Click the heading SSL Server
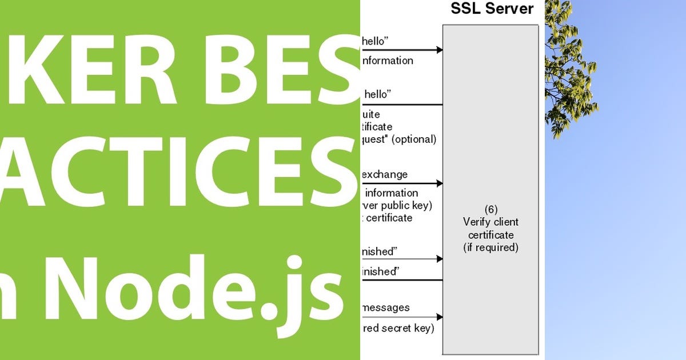click(x=492, y=9)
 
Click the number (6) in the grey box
click(x=490, y=210)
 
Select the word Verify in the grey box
click(x=476, y=222)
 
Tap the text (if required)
click(x=490, y=247)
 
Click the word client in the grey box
click(x=506, y=222)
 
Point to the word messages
click(x=386, y=307)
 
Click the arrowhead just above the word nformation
click(x=440, y=50)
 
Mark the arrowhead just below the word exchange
click(x=440, y=183)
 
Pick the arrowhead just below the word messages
click(x=440, y=317)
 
